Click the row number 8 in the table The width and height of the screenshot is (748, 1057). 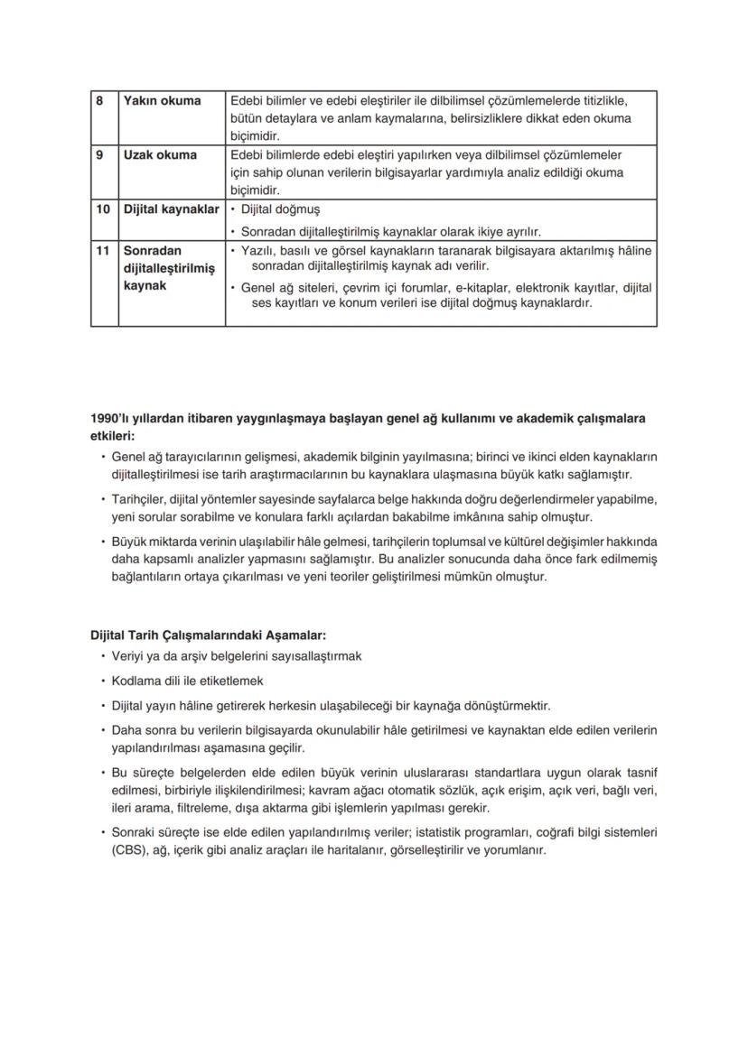(99, 100)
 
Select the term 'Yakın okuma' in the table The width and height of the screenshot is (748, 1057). (162, 100)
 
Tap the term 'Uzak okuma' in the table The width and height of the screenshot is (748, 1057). (160, 154)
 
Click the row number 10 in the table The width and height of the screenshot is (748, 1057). (103, 209)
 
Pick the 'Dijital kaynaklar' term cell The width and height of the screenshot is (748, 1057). (171, 209)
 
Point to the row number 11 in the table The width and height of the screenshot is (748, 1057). (103, 250)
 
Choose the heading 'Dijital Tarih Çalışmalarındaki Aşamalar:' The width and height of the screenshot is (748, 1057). (202, 635)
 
